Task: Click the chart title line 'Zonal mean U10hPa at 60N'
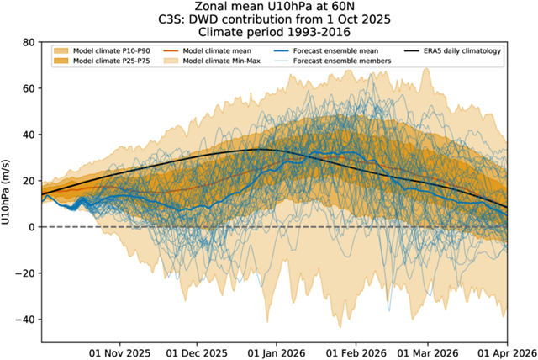click(269, 8)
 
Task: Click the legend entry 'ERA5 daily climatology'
click(459, 52)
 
